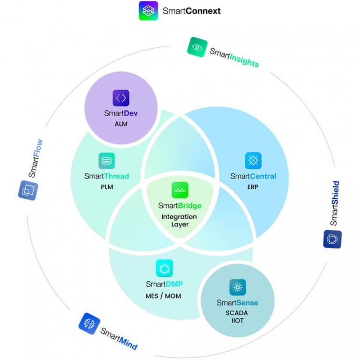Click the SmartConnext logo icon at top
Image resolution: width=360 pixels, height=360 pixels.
(x=148, y=11)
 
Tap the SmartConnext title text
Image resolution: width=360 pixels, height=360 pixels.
(x=191, y=11)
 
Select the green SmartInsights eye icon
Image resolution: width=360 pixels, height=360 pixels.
(x=197, y=47)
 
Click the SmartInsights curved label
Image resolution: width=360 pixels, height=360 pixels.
(x=234, y=58)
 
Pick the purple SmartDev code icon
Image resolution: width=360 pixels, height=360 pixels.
(x=121, y=98)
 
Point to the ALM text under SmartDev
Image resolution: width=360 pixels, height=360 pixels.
(x=121, y=124)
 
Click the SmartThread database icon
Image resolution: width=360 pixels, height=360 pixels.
(x=106, y=161)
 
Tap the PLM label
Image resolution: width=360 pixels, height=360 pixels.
(x=106, y=187)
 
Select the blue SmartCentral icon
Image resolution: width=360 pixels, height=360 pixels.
(x=253, y=161)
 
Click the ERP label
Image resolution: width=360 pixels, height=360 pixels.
(x=253, y=187)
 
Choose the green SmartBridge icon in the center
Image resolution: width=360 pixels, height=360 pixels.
(x=180, y=190)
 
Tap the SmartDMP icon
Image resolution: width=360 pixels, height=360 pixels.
(x=164, y=268)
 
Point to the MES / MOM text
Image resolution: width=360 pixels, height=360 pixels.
(x=164, y=296)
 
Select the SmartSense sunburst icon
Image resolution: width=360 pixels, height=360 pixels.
(x=238, y=287)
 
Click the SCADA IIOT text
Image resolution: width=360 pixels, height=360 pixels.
(x=237, y=317)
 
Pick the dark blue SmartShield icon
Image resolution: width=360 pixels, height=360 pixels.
(x=332, y=239)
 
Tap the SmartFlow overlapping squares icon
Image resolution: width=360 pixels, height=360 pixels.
(x=28, y=190)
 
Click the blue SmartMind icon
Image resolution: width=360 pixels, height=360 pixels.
(x=89, y=323)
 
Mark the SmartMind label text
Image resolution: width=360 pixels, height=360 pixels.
(x=119, y=338)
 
